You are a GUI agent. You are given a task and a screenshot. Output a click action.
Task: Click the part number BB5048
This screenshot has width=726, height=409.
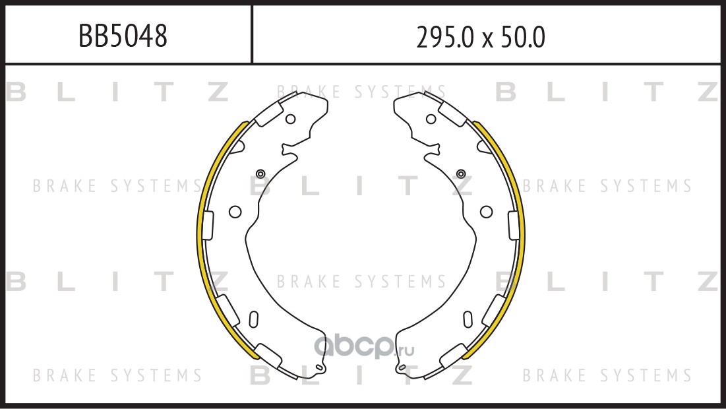(x=123, y=36)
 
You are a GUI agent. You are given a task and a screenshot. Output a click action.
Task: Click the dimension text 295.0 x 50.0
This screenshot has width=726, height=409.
(x=481, y=37)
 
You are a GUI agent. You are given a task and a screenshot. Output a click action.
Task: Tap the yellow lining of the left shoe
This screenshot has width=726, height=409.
(x=201, y=232)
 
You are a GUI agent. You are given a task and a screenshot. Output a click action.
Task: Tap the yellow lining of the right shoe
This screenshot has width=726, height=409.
(x=521, y=232)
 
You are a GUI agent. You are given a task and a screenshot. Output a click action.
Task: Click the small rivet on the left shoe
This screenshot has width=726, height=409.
(x=260, y=173)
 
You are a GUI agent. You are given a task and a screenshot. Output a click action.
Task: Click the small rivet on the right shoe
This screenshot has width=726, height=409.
(x=461, y=173)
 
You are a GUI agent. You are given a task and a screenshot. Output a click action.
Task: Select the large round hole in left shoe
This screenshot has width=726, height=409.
(x=235, y=212)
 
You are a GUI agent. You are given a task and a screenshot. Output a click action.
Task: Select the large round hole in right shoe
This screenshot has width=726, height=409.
(x=486, y=212)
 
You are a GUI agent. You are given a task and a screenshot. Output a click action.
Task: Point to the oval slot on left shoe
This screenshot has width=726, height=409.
(x=254, y=319)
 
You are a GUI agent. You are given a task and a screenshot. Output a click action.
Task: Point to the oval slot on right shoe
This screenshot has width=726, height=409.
(x=468, y=319)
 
